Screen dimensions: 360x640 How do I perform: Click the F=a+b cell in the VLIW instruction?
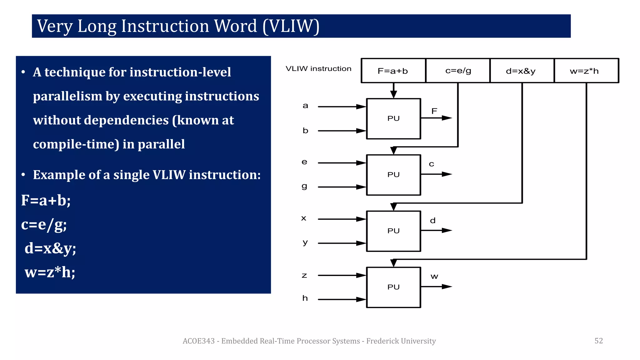(x=393, y=71)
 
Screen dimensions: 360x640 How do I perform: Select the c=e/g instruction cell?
(x=458, y=71)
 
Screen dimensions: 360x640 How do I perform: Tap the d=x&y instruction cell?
(x=521, y=71)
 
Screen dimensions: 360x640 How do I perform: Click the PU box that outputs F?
(x=393, y=119)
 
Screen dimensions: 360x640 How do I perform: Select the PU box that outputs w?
(x=393, y=287)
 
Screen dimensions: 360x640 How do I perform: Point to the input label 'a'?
(x=305, y=106)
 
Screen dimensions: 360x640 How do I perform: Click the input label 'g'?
(x=304, y=186)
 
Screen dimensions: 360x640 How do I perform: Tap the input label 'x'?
(x=304, y=218)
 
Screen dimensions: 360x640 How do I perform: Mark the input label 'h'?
(x=305, y=298)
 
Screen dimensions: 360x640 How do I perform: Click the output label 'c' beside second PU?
(x=432, y=164)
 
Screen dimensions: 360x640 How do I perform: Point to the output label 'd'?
(x=433, y=221)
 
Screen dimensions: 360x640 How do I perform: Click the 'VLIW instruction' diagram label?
(x=318, y=69)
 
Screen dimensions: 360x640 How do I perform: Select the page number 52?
(x=598, y=341)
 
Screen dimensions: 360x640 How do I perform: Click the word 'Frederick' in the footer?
(x=383, y=341)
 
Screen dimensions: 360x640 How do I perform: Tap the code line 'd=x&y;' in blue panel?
(x=50, y=248)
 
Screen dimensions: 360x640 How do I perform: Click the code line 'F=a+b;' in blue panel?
(x=46, y=200)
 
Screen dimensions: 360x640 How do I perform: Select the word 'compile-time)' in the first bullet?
(x=76, y=144)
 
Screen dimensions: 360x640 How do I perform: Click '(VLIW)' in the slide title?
(x=291, y=26)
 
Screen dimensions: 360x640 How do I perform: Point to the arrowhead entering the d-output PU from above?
(x=393, y=207)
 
